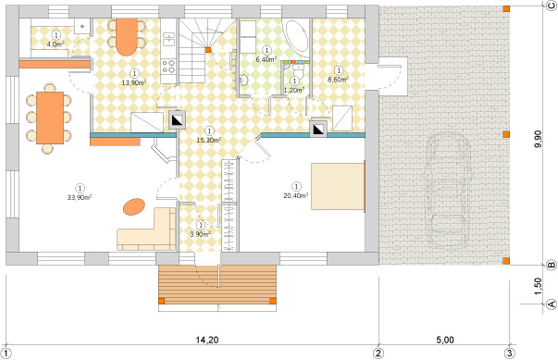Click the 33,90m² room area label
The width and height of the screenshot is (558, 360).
tap(78, 196)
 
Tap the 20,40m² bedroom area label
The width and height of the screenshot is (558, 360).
tap(296, 195)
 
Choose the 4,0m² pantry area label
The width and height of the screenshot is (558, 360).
tap(56, 43)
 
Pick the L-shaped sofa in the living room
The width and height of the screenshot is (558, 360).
tap(148, 230)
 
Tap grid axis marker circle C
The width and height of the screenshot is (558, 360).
tap(550, 6)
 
